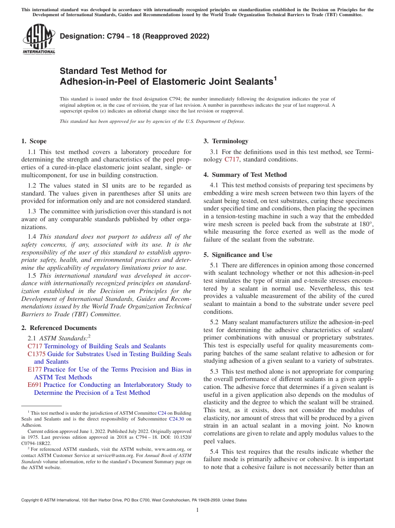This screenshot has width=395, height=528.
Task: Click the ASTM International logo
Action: tap(39, 39)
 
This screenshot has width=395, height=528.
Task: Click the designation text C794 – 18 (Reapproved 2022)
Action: tap(134, 37)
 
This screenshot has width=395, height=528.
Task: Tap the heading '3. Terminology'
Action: tap(226, 141)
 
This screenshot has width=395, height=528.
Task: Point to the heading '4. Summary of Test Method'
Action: tap(245, 175)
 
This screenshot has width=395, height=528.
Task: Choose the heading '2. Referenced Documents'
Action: tap(56, 328)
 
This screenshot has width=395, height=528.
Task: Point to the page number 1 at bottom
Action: tap(197, 510)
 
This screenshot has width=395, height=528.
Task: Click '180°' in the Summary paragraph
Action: tap(365, 224)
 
